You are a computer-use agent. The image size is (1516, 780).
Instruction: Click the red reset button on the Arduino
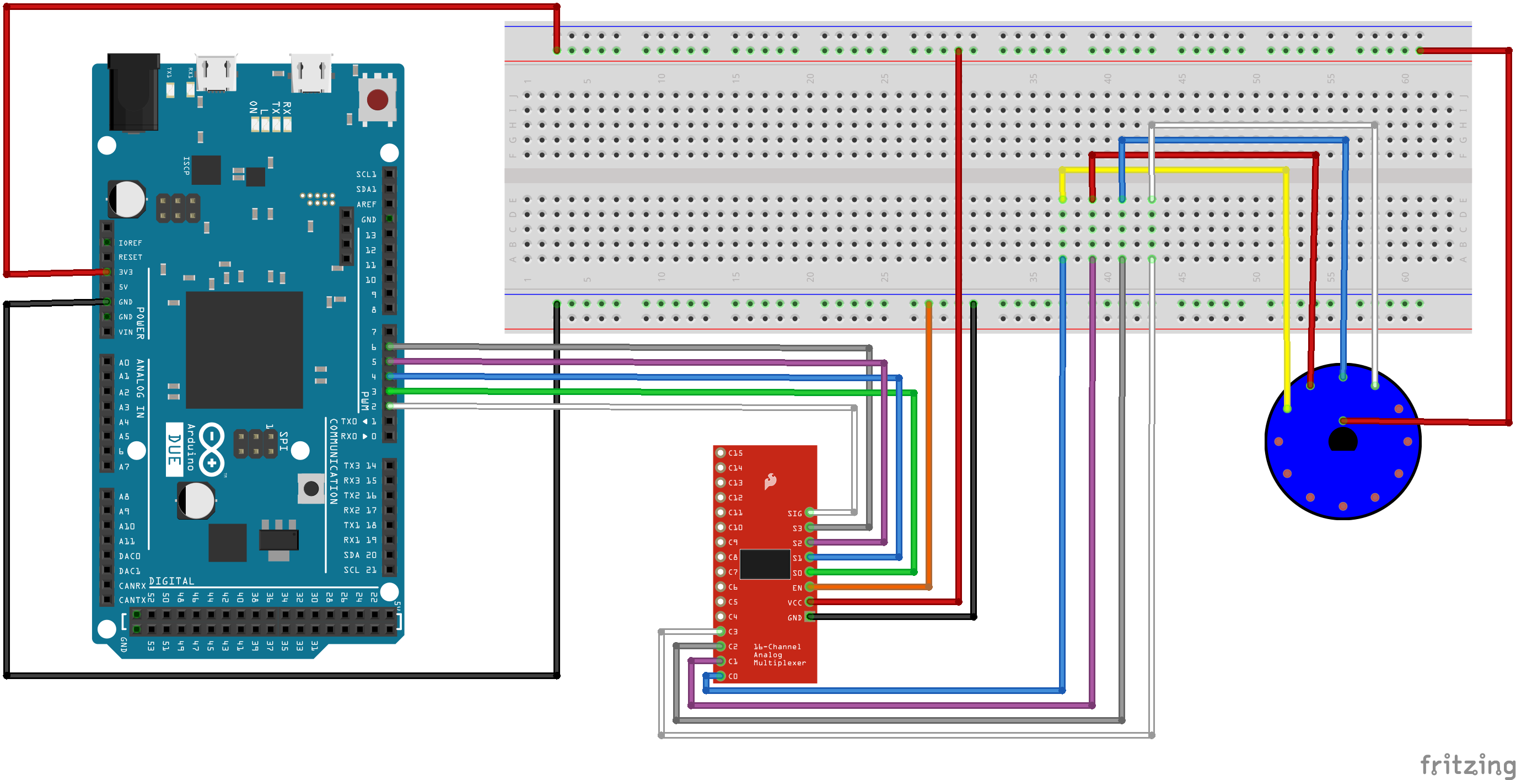[377, 99]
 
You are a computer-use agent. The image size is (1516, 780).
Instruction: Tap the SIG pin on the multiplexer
[810, 513]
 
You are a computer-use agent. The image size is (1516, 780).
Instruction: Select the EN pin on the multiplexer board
[810, 587]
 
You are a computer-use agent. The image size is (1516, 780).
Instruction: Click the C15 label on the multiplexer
[735, 453]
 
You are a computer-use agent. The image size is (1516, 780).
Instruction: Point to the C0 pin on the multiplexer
[721, 676]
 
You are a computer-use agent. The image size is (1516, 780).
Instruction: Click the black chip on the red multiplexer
[765, 564]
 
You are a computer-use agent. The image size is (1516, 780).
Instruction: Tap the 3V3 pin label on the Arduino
[125, 272]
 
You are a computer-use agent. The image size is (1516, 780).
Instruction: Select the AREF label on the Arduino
[366, 204]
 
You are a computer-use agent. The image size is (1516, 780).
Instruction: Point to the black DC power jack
[133, 91]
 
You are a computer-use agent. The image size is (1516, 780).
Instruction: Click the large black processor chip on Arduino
[244, 350]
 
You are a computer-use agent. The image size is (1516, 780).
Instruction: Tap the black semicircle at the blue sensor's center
[1343, 440]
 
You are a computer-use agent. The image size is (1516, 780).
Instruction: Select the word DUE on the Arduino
[174, 449]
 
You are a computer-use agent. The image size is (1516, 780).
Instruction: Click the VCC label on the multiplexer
[794, 602]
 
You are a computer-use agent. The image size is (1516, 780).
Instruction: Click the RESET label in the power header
[130, 257]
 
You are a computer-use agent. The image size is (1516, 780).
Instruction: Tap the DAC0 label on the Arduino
[130, 556]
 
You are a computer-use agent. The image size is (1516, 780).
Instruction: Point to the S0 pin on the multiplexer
[810, 572]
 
